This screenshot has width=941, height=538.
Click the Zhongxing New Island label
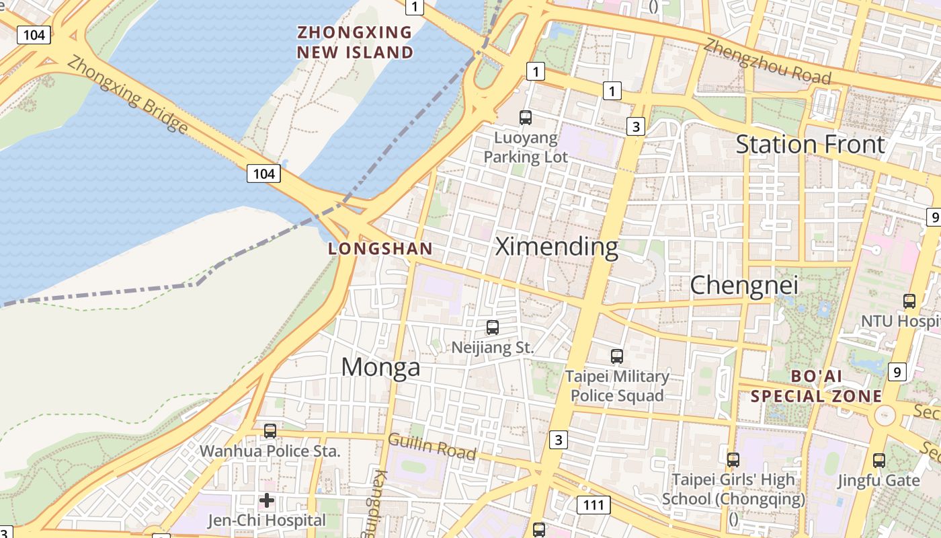click(355, 42)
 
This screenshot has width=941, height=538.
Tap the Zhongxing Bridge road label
click(128, 94)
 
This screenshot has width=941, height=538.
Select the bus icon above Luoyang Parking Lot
click(526, 118)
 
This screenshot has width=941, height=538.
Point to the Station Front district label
click(811, 144)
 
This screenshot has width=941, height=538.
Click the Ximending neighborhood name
click(557, 247)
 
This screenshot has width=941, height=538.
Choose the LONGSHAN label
click(380, 249)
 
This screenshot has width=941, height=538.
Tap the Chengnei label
click(744, 285)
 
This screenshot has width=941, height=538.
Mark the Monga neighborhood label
click(380, 367)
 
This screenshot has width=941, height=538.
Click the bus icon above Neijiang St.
click(493, 328)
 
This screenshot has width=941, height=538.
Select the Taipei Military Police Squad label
click(617, 385)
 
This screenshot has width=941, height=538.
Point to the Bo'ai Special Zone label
click(816, 386)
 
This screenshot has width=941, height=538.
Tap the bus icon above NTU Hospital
click(909, 301)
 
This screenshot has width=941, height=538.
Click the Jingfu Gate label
click(878, 480)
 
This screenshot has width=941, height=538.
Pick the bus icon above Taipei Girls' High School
click(733, 460)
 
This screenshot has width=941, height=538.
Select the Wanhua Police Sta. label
click(270, 451)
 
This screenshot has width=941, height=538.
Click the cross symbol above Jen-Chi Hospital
click(267, 500)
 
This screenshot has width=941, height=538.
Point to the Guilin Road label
click(432, 447)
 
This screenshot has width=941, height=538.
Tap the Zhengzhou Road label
click(767, 61)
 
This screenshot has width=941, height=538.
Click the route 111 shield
click(594, 504)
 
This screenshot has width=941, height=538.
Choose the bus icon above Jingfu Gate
click(879, 461)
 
